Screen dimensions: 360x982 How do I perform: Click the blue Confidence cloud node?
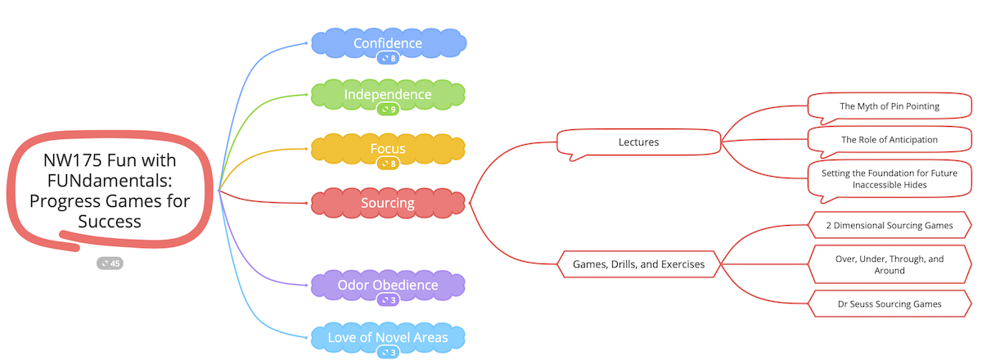point(388,43)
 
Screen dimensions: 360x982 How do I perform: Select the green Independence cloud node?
point(388,94)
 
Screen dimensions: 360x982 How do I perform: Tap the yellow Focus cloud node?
point(388,149)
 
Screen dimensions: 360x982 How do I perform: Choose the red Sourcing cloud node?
point(388,203)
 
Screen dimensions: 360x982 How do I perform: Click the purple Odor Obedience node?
point(388,285)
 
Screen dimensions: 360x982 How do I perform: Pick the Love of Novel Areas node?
point(388,336)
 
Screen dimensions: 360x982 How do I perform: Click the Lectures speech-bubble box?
point(638,142)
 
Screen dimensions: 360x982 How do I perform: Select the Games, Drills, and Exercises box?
point(639,264)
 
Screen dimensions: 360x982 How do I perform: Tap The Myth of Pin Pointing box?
point(889,106)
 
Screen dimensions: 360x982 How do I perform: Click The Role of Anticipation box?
point(889,140)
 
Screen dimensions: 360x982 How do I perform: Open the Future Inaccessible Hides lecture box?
point(889,178)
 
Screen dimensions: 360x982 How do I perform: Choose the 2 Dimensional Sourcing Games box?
point(889,225)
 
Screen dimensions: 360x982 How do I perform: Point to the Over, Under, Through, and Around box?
point(889,264)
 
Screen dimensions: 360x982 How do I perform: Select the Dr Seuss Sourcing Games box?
point(889,304)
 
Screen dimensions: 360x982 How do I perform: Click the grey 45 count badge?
point(110,263)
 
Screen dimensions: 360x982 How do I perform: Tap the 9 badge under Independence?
point(388,109)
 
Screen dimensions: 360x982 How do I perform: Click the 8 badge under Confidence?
point(388,58)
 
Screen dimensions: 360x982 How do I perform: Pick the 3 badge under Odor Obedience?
point(388,300)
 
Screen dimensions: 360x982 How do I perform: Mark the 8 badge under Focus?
point(388,164)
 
